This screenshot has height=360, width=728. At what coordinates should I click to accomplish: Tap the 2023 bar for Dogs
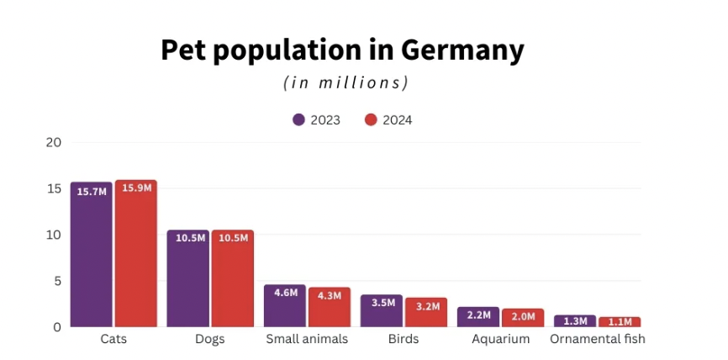pyautogui.click(x=187, y=278)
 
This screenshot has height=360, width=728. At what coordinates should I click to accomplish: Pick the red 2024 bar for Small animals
pyautogui.click(x=330, y=307)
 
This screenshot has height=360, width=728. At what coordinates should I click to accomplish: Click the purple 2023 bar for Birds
pyautogui.click(x=382, y=310)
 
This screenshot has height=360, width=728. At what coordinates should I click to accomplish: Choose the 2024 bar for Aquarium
pyautogui.click(x=523, y=317)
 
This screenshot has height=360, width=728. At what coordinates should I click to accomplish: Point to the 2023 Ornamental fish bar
pyautogui.click(x=575, y=321)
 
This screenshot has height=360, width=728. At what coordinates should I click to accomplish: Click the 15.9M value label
pyautogui.click(x=136, y=188)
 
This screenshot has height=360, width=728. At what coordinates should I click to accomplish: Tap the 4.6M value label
pyautogui.click(x=286, y=293)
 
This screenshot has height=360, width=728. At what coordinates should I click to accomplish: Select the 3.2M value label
pyautogui.click(x=427, y=306)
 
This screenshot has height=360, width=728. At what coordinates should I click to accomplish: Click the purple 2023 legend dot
pyautogui.click(x=298, y=119)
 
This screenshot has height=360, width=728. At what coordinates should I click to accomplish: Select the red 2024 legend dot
pyautogui.click(x=371, y=119)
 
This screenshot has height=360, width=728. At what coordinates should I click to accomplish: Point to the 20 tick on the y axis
pyautogui.click(x=54, y=142)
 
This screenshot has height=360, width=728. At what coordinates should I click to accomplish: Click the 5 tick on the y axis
pyautogui.click(x=57, y=281)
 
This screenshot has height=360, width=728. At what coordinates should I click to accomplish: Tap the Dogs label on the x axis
pyautogui.click(x=210, y=339)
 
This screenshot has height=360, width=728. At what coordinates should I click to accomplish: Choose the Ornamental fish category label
pyautogui.click(x=597, y=339)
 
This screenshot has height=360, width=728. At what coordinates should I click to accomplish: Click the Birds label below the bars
pyautogui.click(x=404, y=339)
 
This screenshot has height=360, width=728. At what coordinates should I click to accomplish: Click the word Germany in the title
pyautogui.click(x=462, y=51)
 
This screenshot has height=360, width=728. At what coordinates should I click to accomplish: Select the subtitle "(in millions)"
pyautogui.click(x=346, y=82)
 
